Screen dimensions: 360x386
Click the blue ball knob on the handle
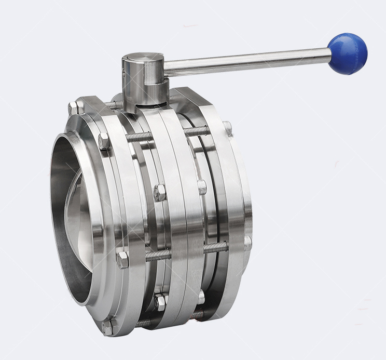(x=348, y=54)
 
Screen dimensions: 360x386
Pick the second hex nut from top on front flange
(x=104, y=141)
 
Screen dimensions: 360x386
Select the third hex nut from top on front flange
(x=122, y=260)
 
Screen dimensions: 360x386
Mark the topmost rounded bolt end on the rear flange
(x=227, y=126)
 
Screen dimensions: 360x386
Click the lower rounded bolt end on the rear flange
(x=248, y=242)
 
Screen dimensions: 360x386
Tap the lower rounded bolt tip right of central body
(x=201, y=297)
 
